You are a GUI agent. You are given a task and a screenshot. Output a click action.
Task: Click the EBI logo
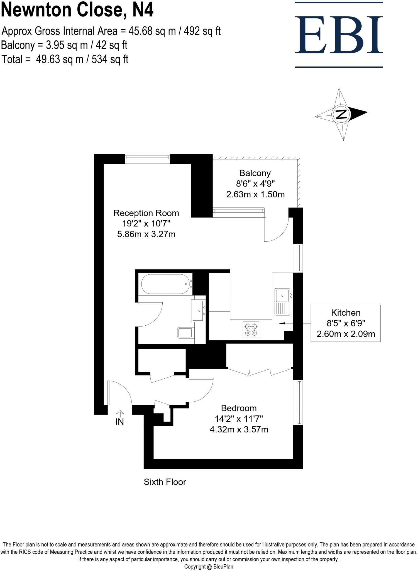(339, 35)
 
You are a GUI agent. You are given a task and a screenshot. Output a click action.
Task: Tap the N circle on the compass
(341, 114)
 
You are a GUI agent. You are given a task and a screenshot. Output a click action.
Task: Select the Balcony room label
(255, 173)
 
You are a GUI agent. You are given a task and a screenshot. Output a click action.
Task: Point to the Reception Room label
(146, 213)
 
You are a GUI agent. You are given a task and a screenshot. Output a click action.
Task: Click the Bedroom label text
(239, 408)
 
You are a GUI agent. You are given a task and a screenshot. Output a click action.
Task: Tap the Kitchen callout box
(346, 323)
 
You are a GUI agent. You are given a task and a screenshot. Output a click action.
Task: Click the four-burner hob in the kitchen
(251, 330)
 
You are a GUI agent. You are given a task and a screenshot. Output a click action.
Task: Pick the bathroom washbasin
(199, 310)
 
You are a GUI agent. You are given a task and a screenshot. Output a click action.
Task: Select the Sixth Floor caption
(165, 482)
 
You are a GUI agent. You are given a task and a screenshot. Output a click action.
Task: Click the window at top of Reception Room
(147, 159)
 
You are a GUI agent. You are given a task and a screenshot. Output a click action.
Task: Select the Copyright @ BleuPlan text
(209, 567)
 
